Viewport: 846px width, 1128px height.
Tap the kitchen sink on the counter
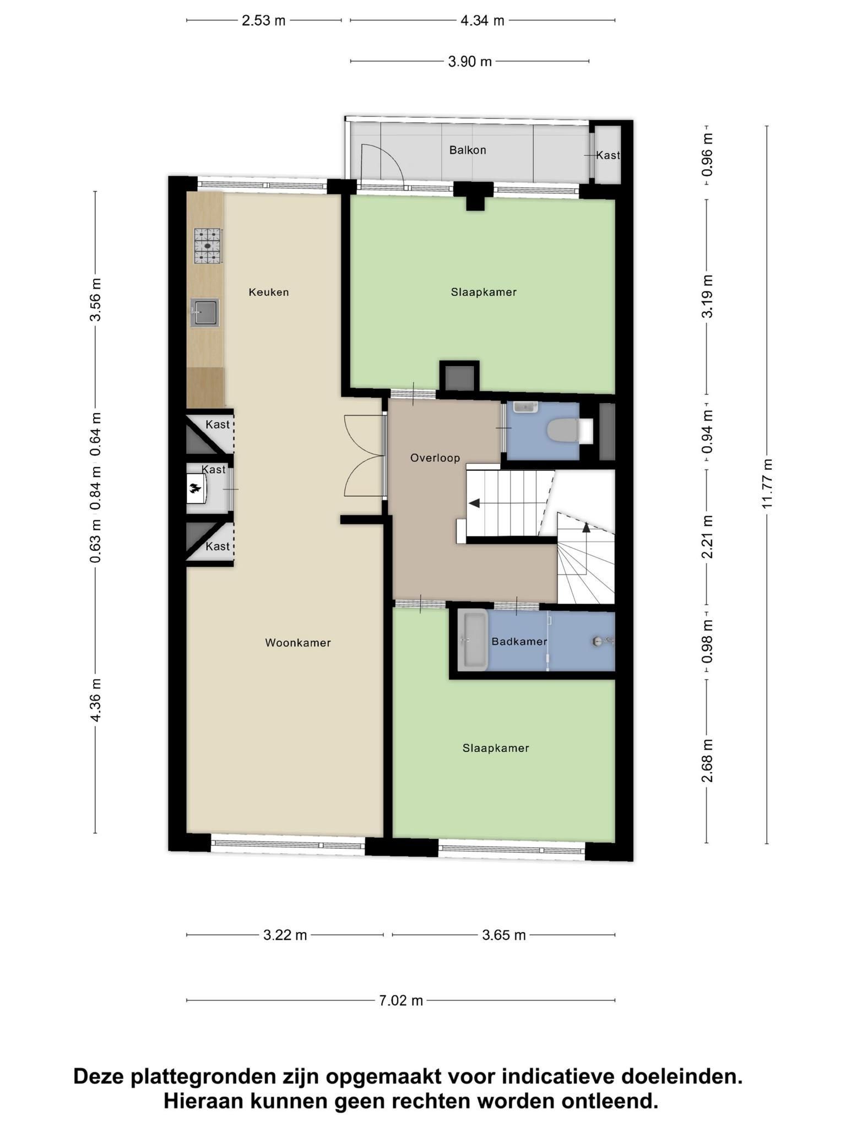tap(205, 312)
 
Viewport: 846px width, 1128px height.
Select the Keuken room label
tap(269, 292)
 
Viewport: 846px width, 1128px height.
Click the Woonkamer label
tap(298, 642)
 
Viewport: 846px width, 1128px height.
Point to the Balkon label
tap(468, 150)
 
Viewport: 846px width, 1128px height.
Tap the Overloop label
tap(435, 458)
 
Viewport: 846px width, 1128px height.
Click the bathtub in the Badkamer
tap(474, 641)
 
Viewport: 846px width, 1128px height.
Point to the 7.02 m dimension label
tap(400, 1000)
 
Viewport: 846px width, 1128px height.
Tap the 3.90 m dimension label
tap(470, 61)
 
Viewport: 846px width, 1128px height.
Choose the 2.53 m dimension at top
tap(264, 21)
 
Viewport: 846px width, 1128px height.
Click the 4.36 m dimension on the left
tap(95, 699)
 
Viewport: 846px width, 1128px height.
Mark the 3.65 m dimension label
tap(504, 935)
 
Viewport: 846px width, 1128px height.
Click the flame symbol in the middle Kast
tap(194, 489)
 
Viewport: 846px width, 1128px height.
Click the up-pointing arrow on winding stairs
tap(586, 527)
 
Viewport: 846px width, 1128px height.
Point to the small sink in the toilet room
tap(525, 407)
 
